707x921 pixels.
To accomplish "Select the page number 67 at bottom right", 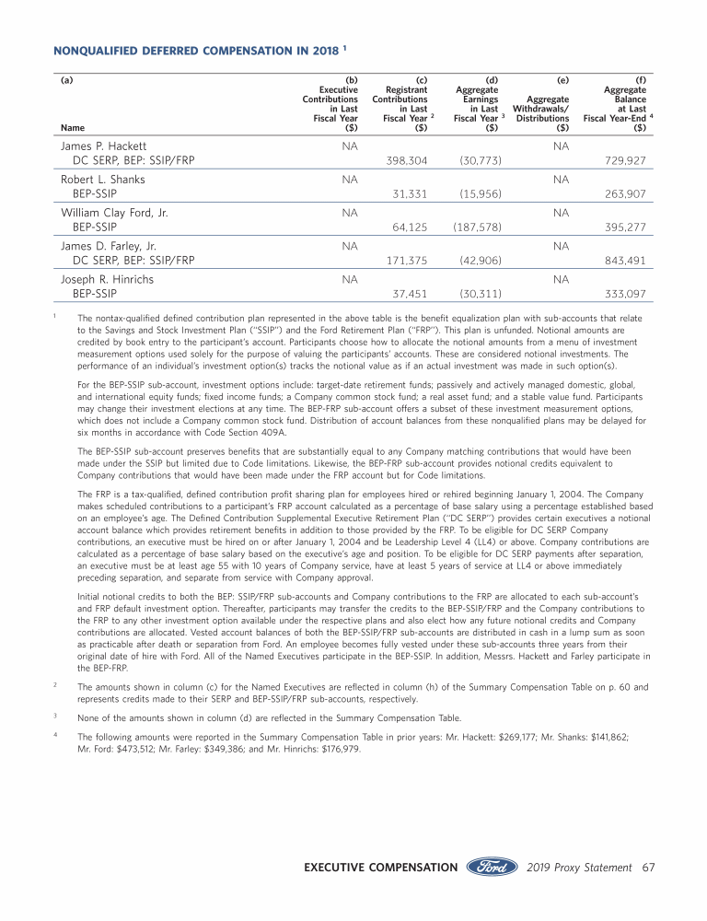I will click(x=648, y=868).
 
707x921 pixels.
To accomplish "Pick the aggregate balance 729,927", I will click(x=625, y=160).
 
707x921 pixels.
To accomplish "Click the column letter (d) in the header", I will click(x=492, y=80).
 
